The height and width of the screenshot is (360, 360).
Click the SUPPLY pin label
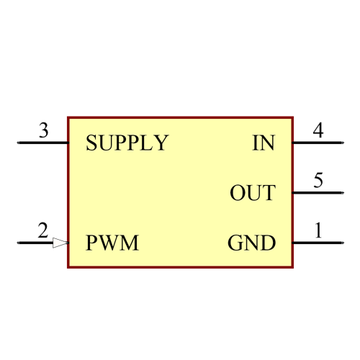pos(127,143)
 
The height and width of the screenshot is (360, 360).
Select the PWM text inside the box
pos(112,243)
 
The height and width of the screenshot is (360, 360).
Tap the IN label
pos(264,143)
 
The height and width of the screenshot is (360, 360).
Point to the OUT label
pos(252,193)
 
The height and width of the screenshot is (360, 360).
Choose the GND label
pos(251,243)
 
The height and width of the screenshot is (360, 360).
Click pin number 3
pos(43,131)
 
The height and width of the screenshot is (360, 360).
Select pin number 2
pos(43,231)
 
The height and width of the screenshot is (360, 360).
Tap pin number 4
pos(318,131)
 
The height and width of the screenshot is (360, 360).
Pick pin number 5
pos(318,181)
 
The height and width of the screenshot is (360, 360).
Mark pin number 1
pos(318,231)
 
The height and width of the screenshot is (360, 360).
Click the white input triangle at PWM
pos(60,243)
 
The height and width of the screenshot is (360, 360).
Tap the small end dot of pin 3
pos(18,143)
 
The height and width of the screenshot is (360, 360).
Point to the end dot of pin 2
pos(18,243)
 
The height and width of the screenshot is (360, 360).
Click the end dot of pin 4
pos(341,143)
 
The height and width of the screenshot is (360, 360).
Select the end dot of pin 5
pos(341,193)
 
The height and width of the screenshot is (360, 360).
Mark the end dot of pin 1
pos(341,243)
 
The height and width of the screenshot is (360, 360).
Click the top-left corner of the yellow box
pos(68,117)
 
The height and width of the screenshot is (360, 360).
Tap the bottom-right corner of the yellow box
pos(293,267)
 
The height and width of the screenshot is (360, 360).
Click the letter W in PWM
pos(112,243)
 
